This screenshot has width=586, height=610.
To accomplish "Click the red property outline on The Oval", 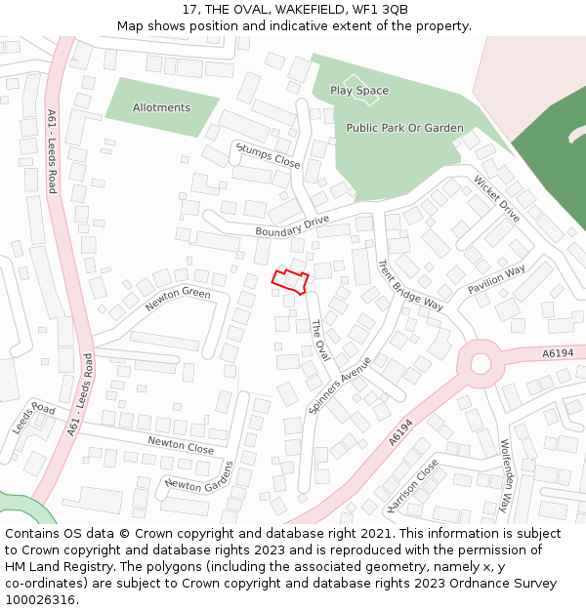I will pos(290,282).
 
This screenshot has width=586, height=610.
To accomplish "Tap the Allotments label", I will pos(161,107).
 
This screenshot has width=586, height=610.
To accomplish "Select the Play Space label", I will pos(358,91).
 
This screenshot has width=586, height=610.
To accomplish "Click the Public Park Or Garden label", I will pos(404,128).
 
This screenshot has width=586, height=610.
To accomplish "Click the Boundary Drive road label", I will pos(292,226).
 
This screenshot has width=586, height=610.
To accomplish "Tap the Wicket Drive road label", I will pos(497,198).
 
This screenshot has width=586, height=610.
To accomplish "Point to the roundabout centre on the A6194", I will pos(480,363).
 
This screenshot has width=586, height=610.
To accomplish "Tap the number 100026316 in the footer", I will pos(43,600).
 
